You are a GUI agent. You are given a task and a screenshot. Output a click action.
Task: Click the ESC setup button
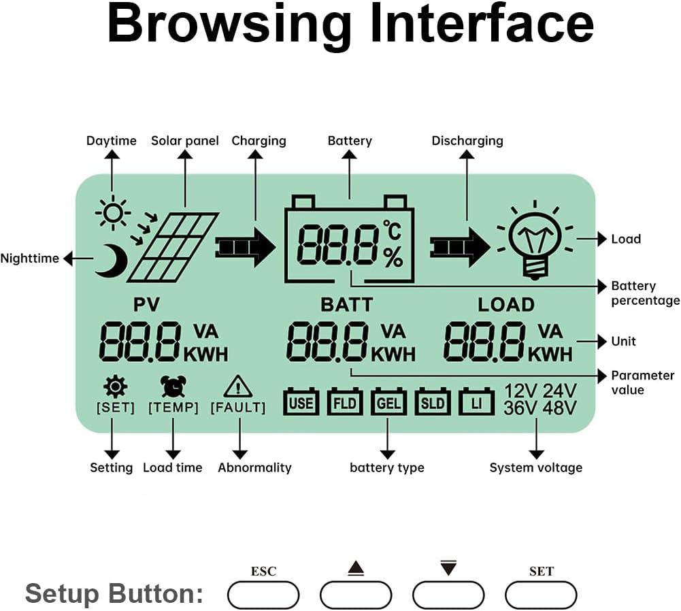click(263, 595)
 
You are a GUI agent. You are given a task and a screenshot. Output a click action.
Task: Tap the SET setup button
click(541, 595)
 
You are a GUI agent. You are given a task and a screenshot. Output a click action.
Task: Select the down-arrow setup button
click(448, 595)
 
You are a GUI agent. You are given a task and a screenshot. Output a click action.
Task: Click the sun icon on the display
click(112, 214)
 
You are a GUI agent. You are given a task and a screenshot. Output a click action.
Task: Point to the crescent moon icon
click(111, 260)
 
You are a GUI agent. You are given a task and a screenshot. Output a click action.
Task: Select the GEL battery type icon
click(388, 403)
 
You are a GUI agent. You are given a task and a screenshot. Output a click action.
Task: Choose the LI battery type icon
click(476, 403)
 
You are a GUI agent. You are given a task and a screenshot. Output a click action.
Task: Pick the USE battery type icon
click(301, 403)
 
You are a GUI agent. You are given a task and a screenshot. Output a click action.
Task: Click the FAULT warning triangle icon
click(238, 386)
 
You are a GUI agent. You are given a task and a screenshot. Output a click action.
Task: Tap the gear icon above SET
click(115, 386)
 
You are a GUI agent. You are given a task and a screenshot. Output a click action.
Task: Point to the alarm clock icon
click(173, 386)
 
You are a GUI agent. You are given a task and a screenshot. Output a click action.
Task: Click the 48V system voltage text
click(560, 408)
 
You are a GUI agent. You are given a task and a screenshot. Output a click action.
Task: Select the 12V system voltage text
click(521, 391)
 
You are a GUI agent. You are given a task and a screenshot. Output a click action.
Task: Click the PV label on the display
click(146, 303)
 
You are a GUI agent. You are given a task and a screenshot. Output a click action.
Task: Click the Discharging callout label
click(467, 141)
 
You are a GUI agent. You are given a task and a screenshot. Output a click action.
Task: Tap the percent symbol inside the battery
click(393, 257)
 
